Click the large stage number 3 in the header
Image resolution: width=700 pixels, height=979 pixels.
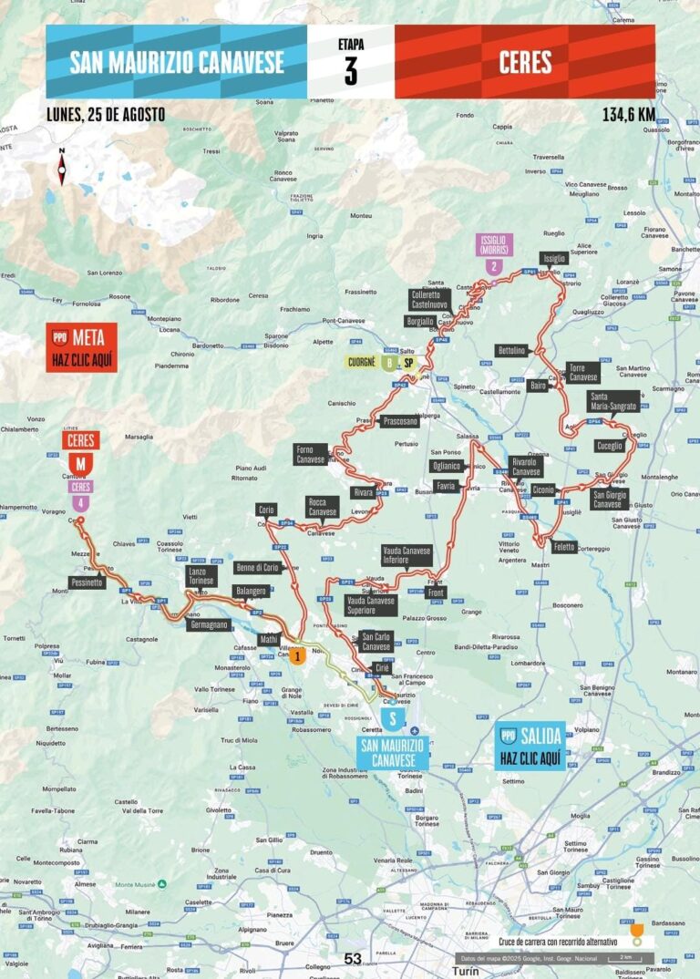click(x=351, y=70)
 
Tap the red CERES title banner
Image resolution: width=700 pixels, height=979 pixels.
click(x=525, y=62)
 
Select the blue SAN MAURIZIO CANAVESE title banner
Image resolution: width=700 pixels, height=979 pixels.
click(x=177, y=62)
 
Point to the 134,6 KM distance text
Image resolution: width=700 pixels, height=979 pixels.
click(x=628, y=115)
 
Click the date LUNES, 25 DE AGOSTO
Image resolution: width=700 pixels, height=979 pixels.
click(x=105, y=115)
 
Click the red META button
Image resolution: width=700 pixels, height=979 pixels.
click(x=82, y=347)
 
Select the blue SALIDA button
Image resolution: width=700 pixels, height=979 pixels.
click(x=531, y=746)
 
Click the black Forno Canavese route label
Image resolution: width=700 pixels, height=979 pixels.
click(x=310, y=454)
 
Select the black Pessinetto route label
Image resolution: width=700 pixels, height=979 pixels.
click(x=87, y=581)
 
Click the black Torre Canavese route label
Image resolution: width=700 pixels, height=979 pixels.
click(x=582, y=372)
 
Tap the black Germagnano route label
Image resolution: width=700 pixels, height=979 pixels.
click(x=208, y=624)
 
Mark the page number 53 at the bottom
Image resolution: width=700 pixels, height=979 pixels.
click(x=353, y=958)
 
